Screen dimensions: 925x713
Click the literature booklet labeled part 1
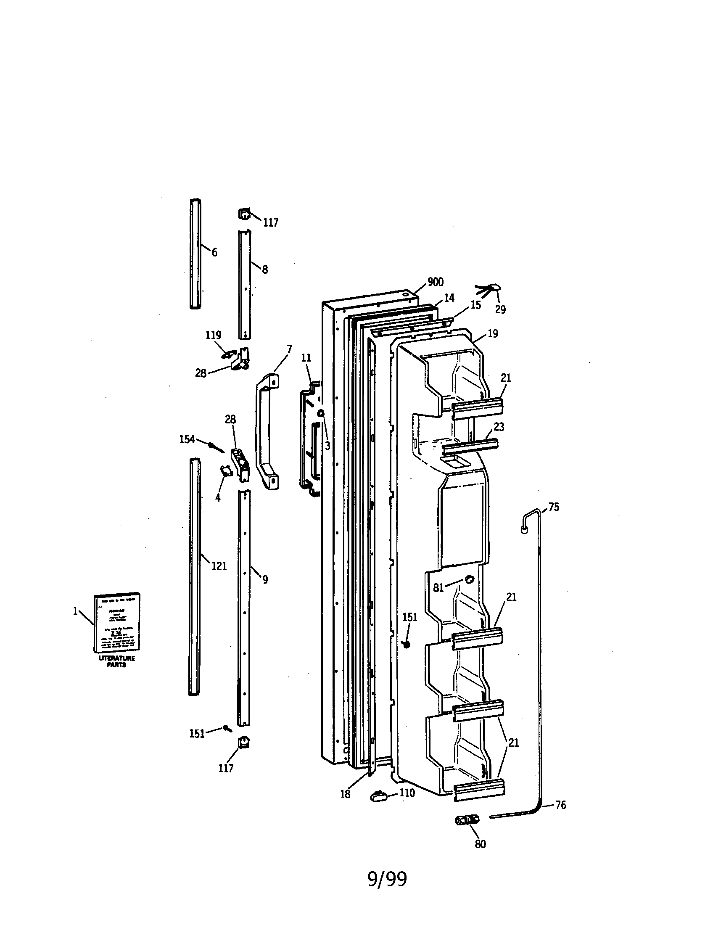coord(117,623)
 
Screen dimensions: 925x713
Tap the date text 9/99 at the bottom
coord(387,879)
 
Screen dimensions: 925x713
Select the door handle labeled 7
coord(267,432)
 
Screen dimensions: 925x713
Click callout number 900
coord(435,282)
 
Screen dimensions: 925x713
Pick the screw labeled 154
coord(216,446)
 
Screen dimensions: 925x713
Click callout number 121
coord(219,566)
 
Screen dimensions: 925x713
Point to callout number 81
coord(438,588)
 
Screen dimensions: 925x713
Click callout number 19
coord(493,334)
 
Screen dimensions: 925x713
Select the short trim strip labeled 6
coord(195,254)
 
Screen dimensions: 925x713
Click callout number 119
coord(214,336)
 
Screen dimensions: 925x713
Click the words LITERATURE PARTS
coord(117,661)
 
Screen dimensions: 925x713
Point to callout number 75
coord(554,507)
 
